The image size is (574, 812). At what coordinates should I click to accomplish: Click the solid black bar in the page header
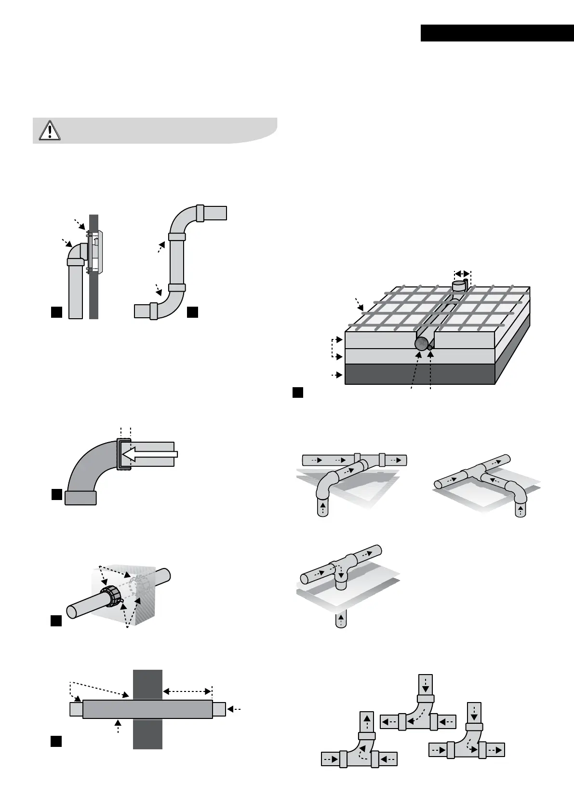point(497,33)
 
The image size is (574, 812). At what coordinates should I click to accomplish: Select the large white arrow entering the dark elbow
point(149,454)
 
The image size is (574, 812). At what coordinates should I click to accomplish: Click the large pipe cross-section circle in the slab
point(421,343)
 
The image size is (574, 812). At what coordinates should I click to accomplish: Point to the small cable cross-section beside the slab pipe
point(430,347)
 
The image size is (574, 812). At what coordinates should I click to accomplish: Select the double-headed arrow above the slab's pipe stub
point(463,273)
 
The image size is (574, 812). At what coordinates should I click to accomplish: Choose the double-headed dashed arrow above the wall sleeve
point(187,691)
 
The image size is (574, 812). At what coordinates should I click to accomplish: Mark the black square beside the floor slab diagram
point(297,392)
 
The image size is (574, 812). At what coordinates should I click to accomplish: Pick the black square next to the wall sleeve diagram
point(56,742)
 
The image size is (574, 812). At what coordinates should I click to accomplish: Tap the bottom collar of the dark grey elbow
point(80,498)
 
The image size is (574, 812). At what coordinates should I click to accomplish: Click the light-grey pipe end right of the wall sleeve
point(219,709)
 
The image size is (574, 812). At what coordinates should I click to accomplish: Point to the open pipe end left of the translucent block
point(70,611)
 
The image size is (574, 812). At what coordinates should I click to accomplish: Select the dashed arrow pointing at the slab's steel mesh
point(359,304)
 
